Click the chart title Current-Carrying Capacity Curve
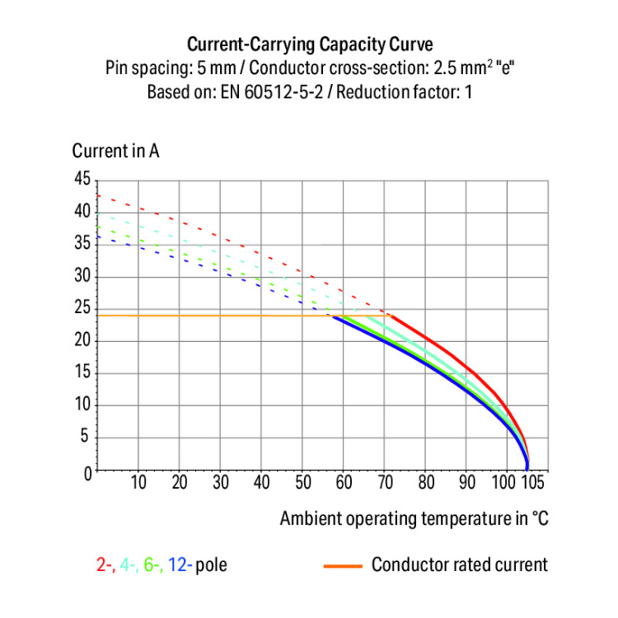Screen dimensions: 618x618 point(309,44)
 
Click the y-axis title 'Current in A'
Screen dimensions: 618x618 point(115,151)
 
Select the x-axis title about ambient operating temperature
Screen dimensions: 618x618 point(414,518)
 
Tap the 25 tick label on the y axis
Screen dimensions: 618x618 point(82,309)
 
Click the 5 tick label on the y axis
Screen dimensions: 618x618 point(86,438)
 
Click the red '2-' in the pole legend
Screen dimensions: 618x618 point(105,565)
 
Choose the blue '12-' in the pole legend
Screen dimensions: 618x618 point(180,565)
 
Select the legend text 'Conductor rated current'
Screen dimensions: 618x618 point(459,565)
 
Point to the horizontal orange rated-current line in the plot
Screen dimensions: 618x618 point(206,316)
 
